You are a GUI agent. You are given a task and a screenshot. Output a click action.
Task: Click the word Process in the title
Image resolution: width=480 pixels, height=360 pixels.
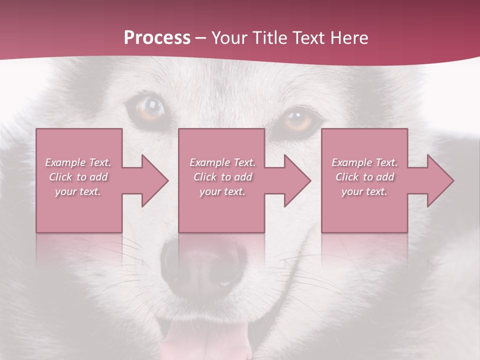pos(157,38)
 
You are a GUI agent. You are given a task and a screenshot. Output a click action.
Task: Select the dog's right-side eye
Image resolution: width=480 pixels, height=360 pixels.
pos(299,120)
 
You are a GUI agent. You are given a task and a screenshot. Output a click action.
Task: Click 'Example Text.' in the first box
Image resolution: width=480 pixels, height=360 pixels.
pos(78,162)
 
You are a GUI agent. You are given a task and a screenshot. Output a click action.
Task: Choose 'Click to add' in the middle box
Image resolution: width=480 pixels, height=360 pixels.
pos(222,177)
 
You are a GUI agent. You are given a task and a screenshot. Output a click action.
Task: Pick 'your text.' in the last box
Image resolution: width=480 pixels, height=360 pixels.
pos(364,191)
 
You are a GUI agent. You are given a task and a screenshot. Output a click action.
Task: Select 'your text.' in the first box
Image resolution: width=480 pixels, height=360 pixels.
pos(78,191)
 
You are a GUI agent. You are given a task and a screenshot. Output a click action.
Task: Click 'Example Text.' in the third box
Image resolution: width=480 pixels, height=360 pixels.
pos(364,162)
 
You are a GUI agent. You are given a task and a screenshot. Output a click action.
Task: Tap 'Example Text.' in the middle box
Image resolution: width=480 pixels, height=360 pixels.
pos(222,162)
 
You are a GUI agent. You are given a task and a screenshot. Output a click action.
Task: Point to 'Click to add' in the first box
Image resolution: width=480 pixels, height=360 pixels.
pos(78,177)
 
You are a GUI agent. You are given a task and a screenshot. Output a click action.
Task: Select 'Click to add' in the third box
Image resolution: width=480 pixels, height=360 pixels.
pos(364,177)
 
